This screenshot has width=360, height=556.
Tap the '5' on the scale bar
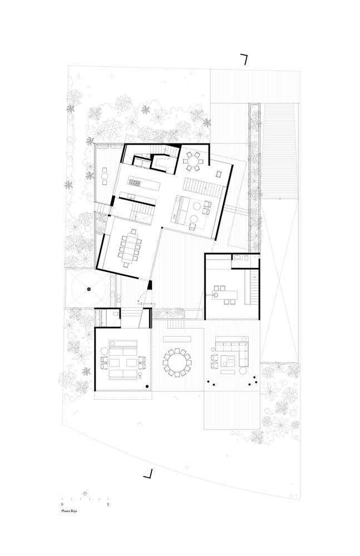(108, 504)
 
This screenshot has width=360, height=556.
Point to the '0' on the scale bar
(62, 504)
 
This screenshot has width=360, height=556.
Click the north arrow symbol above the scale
(85, 493)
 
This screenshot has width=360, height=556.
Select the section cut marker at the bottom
(149, 474)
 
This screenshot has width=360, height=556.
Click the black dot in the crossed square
(88, 289)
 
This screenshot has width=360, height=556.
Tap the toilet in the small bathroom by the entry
(114, 316)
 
